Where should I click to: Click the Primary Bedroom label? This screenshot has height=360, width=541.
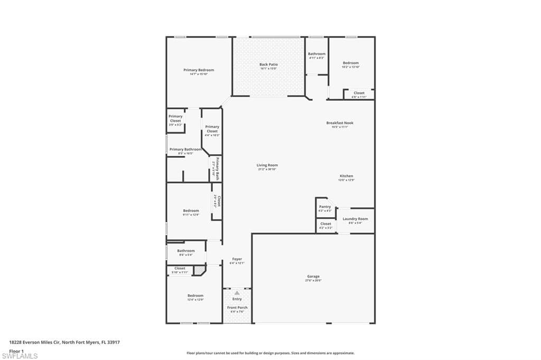coord(199,70)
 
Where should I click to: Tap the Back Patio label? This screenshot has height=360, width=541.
coord(268,65)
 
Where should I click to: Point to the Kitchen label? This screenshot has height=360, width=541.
coord(346,176)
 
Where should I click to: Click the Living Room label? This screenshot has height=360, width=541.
coord(268,165)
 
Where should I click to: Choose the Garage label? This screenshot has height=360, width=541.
coord(313,277)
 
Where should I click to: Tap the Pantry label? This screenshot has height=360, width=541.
coord(325,207)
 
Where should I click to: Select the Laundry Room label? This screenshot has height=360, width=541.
coord(355,219)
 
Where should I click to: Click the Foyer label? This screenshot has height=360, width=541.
coord(237,259)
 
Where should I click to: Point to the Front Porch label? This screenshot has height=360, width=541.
coord(237,308)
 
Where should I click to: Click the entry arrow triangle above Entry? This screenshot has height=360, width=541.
coord(237,292)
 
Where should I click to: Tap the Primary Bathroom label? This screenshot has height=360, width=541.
coord(185,149)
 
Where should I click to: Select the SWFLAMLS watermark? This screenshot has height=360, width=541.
coord(20,356)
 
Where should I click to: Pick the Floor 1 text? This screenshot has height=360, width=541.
coord(16,350)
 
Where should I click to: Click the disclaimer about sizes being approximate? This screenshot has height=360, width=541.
coord(270,353)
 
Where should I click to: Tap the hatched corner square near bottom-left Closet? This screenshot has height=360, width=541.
coord(199,270)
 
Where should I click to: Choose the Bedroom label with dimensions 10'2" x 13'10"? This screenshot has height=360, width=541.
coord(350,63)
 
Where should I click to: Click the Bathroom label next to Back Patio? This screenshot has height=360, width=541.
coord(316,54)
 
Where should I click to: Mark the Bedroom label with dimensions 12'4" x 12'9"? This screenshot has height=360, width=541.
coord(195,296)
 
